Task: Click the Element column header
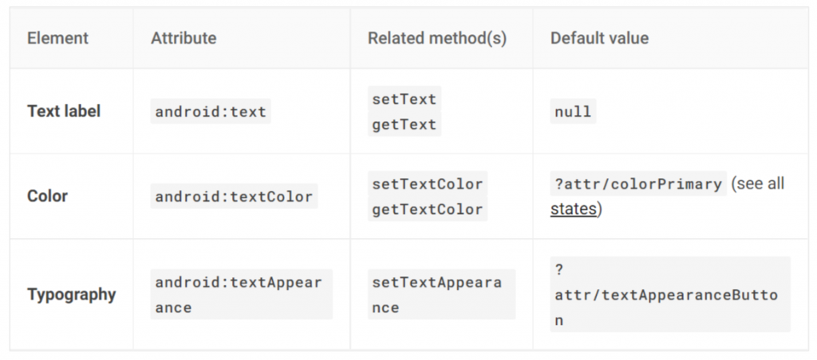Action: pyautogui.click(x=57, y=38)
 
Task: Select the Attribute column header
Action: pyautogui.click(x=184, y=38)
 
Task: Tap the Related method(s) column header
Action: pyautogui.click(x=436, y=38)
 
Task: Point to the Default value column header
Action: pyautogui.click(x=599, y=38)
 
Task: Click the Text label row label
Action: pyautogui.click(x=64, y=112)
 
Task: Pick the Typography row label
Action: pyautogui.click(x=72, y=295)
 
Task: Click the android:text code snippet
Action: pyautogui.click(x=211, y=112)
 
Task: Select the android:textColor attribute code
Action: pyautogui.click(x=234, y=196)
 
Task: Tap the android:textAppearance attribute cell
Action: pyautogui.click(x=241, y=295)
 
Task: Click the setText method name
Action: pyautogui.click(x=405, y=99)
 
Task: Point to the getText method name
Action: pyautogui.click(x=405, y=125)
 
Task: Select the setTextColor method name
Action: pyautogui.click(x=428, y=184)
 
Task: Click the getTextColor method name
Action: pyautogui.click(x=428, y=209)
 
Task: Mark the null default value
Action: pyautogui.click(x=573, y=112)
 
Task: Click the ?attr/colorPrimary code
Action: pyautogui.click(x=638, y=184)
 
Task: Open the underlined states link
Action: pyautogui.click(x=573, y=210)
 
